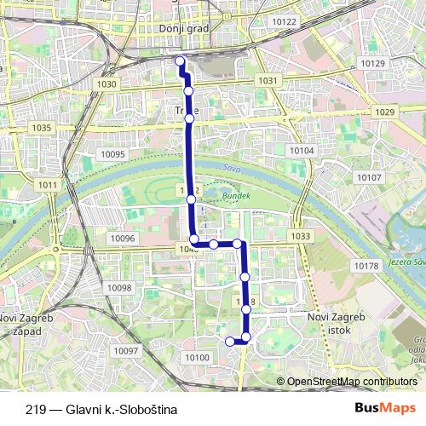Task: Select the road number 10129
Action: click(372, 64)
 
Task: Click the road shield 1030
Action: click(107, 84)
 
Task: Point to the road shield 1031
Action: click(268, 80)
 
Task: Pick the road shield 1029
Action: click(385, 112)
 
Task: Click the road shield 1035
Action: click(41, 128)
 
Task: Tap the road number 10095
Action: click(112, 154)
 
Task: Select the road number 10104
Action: click(302, 150)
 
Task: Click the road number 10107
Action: click(370, 177)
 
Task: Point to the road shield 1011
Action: click(48, 185)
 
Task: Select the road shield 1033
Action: click(300, 236)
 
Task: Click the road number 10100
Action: click(197, 357)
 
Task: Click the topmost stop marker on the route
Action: click(180, 60)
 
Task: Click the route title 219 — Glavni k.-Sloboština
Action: click(95, 409)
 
